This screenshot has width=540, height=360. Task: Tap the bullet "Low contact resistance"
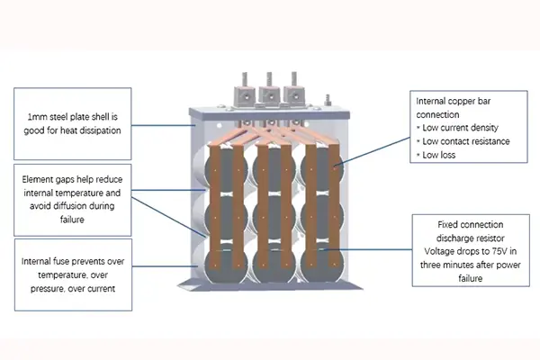coord(465,141)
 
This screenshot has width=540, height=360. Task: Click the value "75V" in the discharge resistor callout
coord(490,253)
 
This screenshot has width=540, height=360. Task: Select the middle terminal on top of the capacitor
coord(268,91)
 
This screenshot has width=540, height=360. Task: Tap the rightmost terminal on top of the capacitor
coord(293,91)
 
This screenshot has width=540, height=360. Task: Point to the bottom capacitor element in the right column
coord(321,267)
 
